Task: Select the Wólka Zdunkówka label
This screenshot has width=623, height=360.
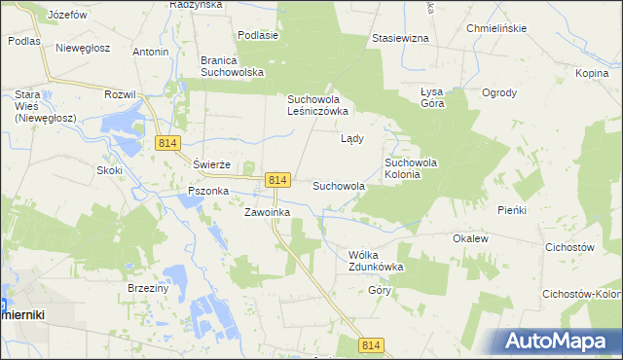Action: coord(376,260)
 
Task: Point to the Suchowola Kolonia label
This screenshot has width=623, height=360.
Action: coord(416,168)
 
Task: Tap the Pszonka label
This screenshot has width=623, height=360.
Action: coord(202,192)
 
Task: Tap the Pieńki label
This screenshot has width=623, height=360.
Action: coord(511,209)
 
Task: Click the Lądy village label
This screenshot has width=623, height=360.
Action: coord(351,138)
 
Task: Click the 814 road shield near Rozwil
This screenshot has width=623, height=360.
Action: coord(166,143)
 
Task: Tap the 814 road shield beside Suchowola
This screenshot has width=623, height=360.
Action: coord(277,180)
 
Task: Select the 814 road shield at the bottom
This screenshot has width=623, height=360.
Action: coord(371,345)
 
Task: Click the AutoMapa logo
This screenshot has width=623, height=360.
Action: coord(559,342)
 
